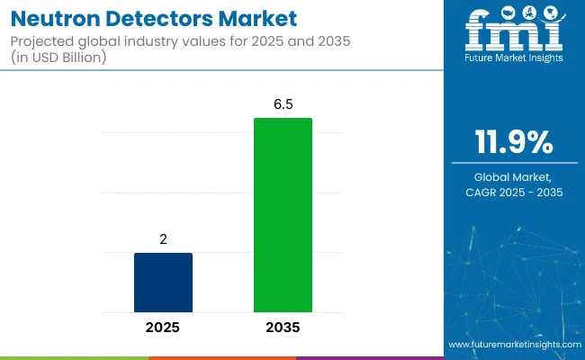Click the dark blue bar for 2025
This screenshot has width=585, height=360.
click(163, 283)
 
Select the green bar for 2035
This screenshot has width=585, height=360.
click(283, 215)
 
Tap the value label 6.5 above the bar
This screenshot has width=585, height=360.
click(283, 105)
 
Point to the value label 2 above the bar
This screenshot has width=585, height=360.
click(163, 240)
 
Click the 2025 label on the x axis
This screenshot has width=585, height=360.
click(163, 328)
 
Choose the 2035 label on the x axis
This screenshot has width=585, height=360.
click(283, 328)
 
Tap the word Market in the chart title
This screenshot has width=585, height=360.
click(249, 19)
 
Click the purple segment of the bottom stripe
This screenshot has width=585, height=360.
click(369, 357)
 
